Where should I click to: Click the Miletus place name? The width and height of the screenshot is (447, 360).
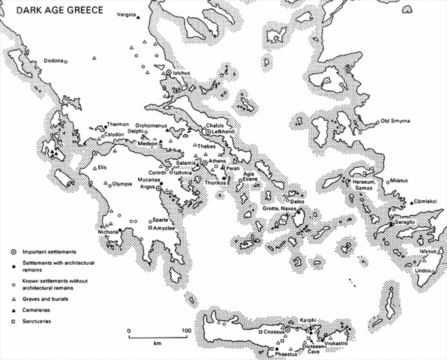click(402, 181)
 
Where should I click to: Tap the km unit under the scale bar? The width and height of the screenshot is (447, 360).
click(157, 343)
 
